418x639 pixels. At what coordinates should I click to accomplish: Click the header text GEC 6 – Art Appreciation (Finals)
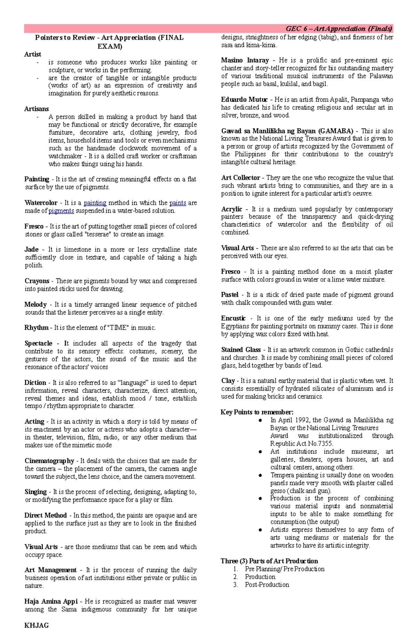coord(339,29)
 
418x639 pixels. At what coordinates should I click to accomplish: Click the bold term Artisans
coord(36,109)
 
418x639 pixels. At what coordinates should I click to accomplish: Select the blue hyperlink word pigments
coord(61,211)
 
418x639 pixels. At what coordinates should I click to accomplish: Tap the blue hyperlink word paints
coord(178,203)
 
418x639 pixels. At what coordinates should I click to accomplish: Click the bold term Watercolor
coord(41,203)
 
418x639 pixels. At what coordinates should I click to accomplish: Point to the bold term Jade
coord(31,249)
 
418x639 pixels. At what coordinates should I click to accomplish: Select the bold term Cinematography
coord(49,461)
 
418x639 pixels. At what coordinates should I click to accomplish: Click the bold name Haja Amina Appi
coord(51,601)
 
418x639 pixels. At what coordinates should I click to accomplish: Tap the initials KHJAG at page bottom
coord(36,625)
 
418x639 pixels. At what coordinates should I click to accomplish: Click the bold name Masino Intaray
coord(245,60)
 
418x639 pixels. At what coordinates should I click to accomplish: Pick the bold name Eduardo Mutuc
coord(244,100)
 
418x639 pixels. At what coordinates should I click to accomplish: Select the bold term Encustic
coord(233,318)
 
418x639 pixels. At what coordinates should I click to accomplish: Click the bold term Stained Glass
coord(241,350)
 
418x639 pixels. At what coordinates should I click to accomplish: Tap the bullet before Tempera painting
coord(260,475)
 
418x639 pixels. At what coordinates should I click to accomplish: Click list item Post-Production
coord(267,585)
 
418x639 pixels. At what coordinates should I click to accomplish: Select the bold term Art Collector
coord(240,178)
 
